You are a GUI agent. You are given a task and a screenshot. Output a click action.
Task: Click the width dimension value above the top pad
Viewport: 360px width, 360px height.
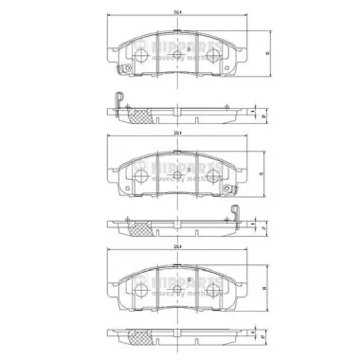[177, 11]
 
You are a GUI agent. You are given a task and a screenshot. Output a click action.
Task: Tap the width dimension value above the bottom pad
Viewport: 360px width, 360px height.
[177, 246]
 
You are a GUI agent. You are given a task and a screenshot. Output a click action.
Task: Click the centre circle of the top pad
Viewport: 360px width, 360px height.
[179, 56]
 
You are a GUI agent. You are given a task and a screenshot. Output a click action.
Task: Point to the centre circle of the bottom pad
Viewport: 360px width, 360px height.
[179, 288]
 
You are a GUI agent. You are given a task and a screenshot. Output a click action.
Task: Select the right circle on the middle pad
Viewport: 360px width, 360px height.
[216, 177]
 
